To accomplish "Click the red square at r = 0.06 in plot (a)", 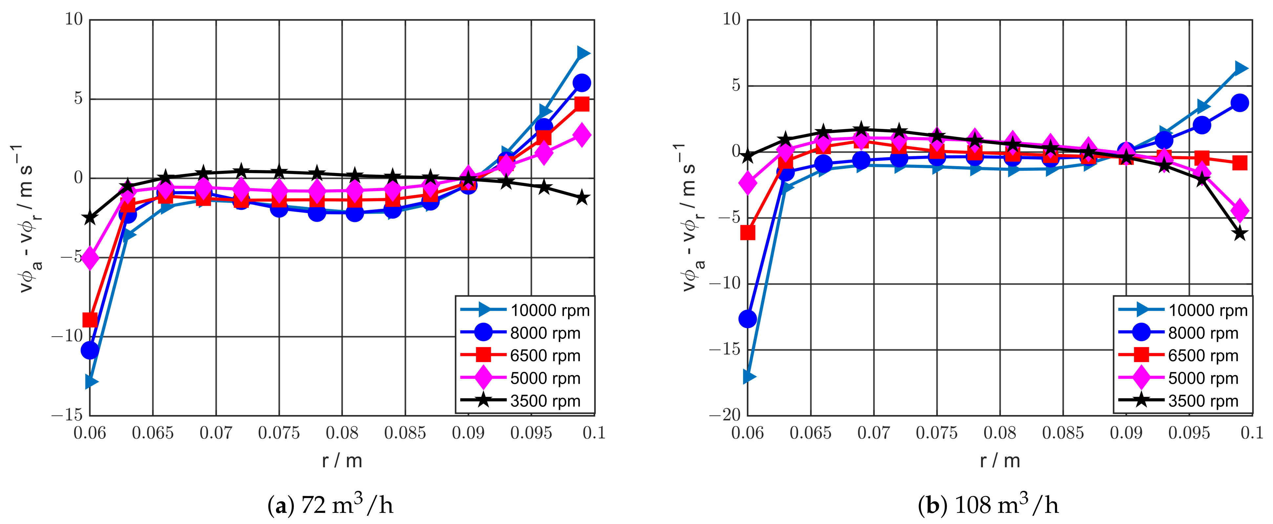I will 90,320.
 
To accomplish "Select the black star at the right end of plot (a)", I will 583,198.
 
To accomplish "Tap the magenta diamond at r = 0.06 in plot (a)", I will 90,258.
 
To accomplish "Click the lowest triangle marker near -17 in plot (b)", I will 749,377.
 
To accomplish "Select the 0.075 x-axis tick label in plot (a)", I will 279,433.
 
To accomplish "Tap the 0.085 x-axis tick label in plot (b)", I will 1063,433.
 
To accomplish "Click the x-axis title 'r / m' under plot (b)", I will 1000,461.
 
